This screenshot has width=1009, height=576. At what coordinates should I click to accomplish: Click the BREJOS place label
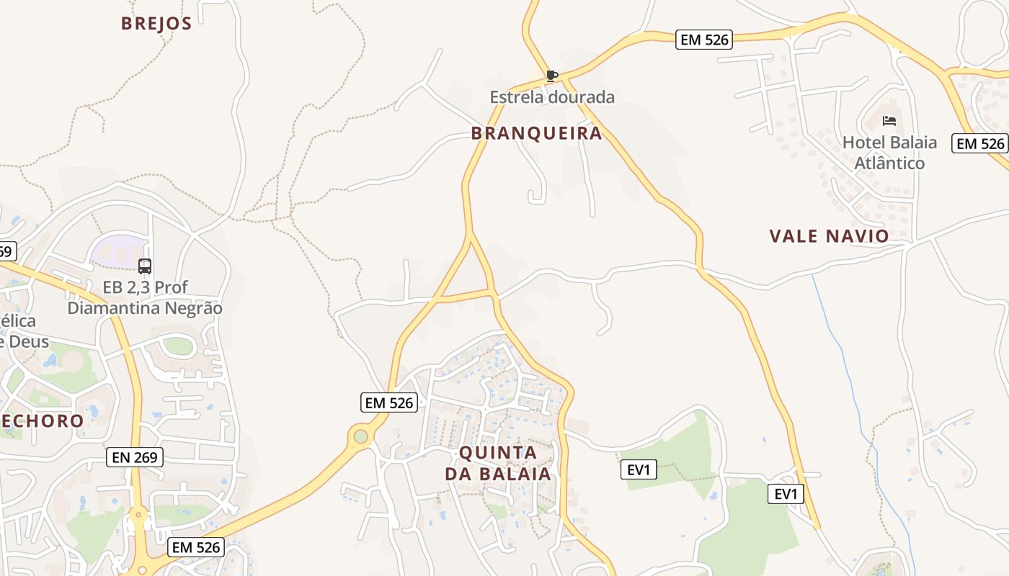tap(156, 24)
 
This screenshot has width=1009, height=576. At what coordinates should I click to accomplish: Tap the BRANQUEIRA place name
tap(536, 133)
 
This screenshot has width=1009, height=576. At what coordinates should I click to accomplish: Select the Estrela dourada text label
tap(552, 97)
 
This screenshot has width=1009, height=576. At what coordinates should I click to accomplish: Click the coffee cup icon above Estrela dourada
tap(552, 76)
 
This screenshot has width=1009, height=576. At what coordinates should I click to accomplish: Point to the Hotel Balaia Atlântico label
tap(889, 153)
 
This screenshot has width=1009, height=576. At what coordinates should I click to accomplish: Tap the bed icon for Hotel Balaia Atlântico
tap(889, 121)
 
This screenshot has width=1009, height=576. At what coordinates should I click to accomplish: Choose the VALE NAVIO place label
tap(829, 236)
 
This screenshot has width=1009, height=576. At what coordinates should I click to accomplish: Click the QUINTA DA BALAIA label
tap(498, 463)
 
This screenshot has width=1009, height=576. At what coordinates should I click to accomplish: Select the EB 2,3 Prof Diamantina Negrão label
tap(145, 297)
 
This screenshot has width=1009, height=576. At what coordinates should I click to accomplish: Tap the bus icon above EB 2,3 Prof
tap(145, 266)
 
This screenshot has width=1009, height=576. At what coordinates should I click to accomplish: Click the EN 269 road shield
tap(135, 457)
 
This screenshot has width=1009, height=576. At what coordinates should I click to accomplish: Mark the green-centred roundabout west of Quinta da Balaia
tap(360, 436)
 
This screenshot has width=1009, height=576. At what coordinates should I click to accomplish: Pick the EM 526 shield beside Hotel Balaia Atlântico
tap(979, 143)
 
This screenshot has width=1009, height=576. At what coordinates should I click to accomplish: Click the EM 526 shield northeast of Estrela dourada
tap(704, 40)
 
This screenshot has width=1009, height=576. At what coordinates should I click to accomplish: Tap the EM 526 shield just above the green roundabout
tap(389, 402)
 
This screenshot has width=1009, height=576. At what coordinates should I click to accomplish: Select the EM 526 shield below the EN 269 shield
tap(195, 547)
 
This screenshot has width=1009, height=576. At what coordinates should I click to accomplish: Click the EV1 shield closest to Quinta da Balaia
tap(639, 470)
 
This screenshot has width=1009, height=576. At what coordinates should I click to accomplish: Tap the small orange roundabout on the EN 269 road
tap(138, 514)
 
